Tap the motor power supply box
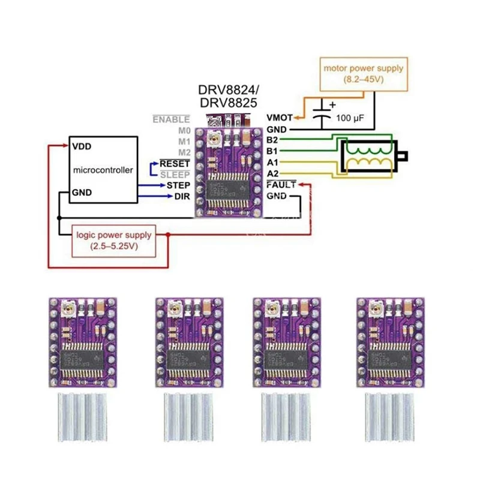point(364,74)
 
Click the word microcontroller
point(102,170)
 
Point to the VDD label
point(81,146)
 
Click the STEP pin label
point(178,185)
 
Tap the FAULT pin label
point(281,185)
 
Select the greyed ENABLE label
point(171,120)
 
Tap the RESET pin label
point(175,163)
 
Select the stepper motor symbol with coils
point(369,157)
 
